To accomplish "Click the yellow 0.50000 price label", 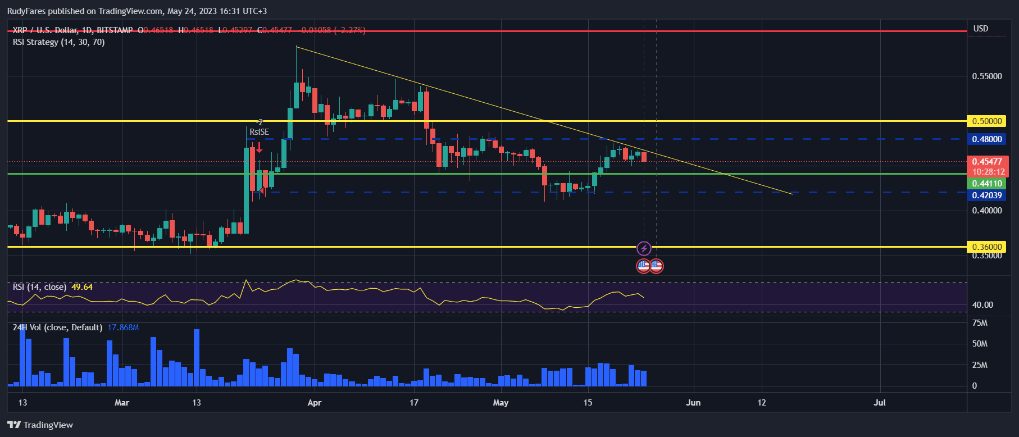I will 986,121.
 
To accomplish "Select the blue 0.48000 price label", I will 986,139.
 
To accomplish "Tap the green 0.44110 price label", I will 986,184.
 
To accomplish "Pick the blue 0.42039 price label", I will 986,195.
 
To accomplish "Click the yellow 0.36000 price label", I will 986,247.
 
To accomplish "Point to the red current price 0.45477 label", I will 986,162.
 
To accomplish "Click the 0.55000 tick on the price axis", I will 987,76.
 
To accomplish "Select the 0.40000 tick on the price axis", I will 987,211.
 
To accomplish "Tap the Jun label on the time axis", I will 693,403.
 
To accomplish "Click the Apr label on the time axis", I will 315,403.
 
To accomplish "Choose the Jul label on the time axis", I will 880,403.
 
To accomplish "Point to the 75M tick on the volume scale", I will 980,323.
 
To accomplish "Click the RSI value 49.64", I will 82,287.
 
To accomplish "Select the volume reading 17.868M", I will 123,327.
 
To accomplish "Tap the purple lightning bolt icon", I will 644,248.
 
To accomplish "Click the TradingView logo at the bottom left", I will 40,425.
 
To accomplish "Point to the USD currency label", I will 981,29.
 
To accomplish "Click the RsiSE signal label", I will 259,132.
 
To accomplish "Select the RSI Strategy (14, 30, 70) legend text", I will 58,42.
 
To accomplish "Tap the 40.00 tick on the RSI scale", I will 982,305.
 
